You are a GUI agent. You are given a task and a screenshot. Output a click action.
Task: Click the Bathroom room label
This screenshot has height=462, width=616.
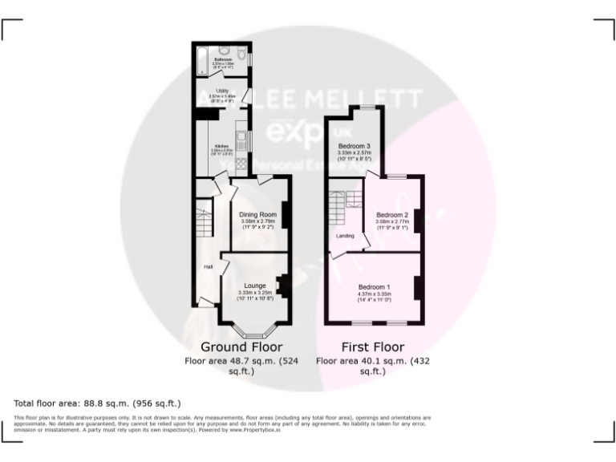click(223, 59)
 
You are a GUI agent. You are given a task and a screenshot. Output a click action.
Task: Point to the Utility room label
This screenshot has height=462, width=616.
click(223, 91)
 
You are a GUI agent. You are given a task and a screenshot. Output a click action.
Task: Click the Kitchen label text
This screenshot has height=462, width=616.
click(221, 146)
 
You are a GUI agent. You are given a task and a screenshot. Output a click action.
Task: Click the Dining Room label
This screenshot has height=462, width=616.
click(257, 215)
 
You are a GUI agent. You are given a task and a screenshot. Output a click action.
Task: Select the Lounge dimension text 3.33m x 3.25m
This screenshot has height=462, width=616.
click(256, 293)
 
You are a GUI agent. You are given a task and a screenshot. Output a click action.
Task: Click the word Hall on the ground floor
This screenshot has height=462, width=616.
click(208, 266)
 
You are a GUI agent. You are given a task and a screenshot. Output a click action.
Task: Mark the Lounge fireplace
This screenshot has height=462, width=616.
click(283, 285)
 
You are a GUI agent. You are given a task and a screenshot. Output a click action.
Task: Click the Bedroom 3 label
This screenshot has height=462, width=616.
click(354, 145)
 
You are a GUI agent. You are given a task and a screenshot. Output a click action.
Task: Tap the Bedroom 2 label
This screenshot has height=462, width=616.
click(393, 215)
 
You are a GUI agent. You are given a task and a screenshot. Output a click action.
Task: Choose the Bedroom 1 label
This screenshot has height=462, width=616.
click(375, 287)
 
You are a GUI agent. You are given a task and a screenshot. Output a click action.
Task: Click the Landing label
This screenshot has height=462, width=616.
click(345, 236)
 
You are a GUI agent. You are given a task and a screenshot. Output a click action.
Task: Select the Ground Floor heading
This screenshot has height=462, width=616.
click(241, 347)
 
